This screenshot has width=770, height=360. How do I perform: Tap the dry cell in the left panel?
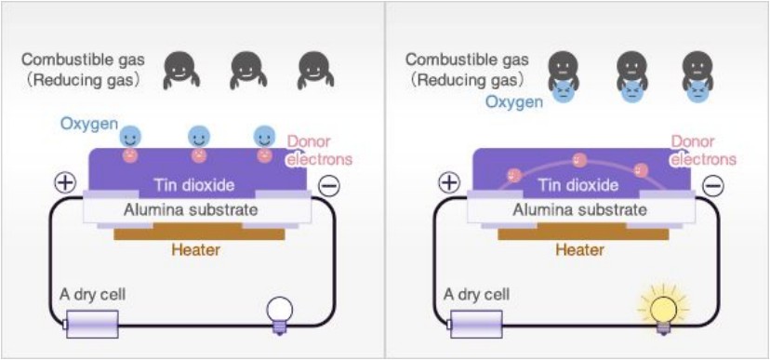[92, 324]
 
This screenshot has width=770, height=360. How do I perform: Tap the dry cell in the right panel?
[476, 324]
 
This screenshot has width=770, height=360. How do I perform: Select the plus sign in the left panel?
[66, 183]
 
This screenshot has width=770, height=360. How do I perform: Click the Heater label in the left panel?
[195, 250]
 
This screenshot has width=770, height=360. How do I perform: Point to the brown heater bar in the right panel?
[583, 232]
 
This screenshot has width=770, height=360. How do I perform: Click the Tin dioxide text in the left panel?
[194, 185]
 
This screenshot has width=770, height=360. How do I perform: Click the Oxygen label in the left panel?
[89, 124]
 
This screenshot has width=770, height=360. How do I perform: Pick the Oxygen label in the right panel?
[514, 102]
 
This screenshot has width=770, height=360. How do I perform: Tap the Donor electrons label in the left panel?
[320, 151]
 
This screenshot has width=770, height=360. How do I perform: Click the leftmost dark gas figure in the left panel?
[181, 70]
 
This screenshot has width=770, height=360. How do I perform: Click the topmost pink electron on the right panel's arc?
[580, 160]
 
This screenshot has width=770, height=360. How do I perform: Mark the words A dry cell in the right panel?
[476, 295]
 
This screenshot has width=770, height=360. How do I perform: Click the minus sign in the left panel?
[328, 186]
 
